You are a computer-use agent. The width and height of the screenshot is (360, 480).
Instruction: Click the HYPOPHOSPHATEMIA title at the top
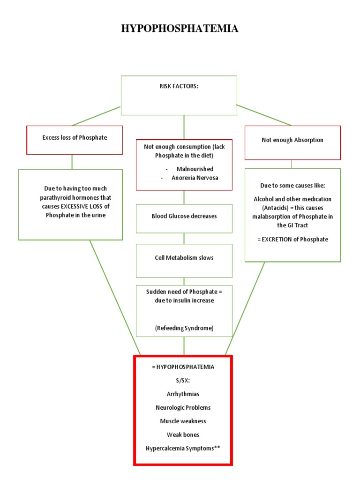(x=180, y=29)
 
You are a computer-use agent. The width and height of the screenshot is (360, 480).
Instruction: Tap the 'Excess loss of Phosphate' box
(x=75, y=138)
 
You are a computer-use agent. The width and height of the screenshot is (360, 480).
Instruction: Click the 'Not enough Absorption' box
(x=292, y=140)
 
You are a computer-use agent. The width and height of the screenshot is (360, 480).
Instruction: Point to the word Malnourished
(x=195, y=169)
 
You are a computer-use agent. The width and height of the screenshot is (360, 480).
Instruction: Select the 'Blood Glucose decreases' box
(x=184, y=216)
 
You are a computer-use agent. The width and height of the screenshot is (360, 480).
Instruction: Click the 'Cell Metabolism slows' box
(x=184, y=258)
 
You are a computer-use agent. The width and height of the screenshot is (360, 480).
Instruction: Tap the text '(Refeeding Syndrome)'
(x=184, y=328)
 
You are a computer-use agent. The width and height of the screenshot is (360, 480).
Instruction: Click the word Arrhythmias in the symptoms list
(x=183, y=394)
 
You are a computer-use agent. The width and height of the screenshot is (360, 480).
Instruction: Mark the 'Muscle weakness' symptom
(x=183, y=421)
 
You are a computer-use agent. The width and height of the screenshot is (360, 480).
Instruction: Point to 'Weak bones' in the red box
(x=183, y=435)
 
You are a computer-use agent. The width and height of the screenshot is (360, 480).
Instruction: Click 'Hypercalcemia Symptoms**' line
(x=183, y=448)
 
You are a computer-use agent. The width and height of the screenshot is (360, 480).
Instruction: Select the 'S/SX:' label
(x=183, y=380)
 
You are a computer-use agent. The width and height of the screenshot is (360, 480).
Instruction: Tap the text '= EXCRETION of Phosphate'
(x=292, y=239)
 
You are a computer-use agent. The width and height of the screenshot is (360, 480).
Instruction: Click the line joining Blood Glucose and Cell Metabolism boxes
(x=184, y=238)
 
